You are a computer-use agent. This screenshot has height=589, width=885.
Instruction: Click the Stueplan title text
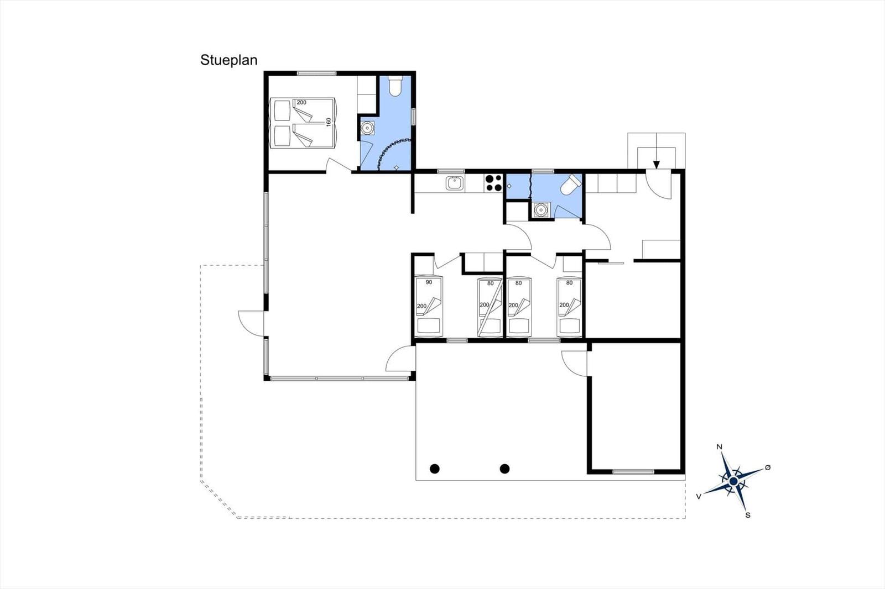(x=229, y=60)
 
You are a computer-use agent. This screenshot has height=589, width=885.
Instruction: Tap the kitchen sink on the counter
(x=456, y=183)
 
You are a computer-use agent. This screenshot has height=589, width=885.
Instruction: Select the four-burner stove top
(x=493, y=183)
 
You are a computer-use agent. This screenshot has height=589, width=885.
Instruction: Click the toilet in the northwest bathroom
(x=395, y=86)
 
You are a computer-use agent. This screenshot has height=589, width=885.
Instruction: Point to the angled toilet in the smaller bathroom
(x=570, y=185)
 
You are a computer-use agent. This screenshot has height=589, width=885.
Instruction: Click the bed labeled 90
(x=429, y=307)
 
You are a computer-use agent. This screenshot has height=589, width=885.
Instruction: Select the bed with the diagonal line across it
(x=490, y=307)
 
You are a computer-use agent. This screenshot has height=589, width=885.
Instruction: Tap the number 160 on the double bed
(x=329, y=122)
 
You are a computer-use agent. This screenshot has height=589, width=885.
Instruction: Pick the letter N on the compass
(x=720, y=447)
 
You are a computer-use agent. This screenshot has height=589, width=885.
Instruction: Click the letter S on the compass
(x=748, y=515)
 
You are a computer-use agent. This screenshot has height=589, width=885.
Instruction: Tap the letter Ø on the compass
(x=768, y=467)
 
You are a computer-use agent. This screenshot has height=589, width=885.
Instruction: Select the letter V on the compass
(x=699, y=497)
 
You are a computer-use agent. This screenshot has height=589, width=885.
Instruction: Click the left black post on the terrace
(x=435, y=469)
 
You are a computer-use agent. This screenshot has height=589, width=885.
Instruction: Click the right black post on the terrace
(x=504, y=469)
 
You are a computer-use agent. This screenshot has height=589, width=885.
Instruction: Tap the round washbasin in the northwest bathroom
(x=367, y=128)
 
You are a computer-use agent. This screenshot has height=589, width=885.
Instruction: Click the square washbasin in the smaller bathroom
(x=540, y=209)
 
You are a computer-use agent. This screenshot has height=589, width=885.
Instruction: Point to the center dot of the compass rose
(x=733, y=481)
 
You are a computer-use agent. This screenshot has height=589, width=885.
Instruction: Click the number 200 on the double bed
(x=301, y=103)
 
